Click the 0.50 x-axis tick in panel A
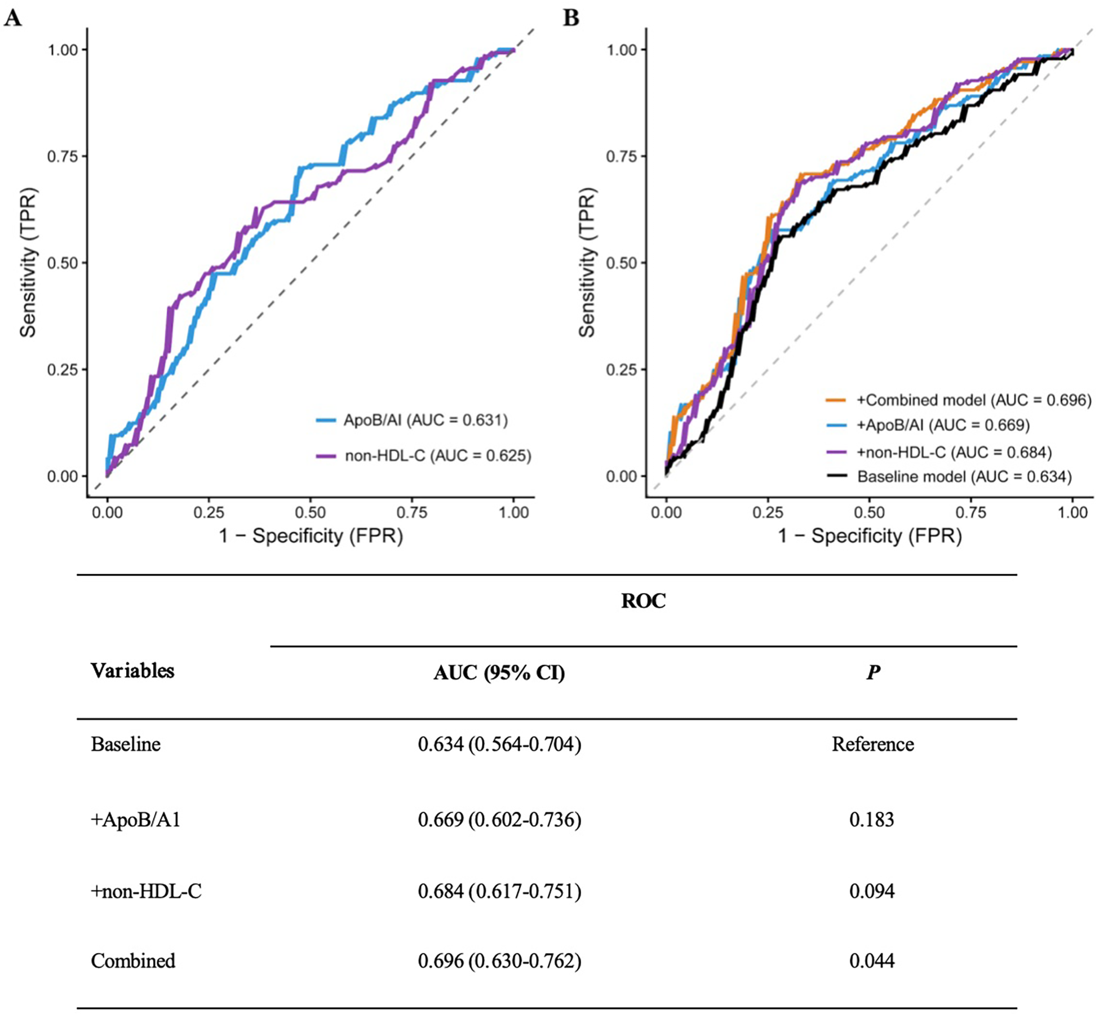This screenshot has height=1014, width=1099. pyautogui.click(x=310, y=513)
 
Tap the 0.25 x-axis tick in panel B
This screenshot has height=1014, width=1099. pyautogui.click(x=768, y=513)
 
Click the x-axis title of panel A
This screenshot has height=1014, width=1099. pyautogui.click(x=311, y=535)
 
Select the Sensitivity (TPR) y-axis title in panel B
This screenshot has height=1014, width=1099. pyautogui.click(x=587, y=262)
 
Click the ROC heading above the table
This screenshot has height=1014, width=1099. pyautogui.click(x=643, y=601)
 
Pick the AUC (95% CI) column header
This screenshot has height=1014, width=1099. pyautogui.click(x=499, y=672)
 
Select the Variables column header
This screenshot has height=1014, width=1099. pyautogui.click(x=132, y=671)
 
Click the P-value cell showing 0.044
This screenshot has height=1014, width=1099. pyautogui.click(x=872, y=960)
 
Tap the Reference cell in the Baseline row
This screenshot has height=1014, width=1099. pyautogui.click(x=872, y=745)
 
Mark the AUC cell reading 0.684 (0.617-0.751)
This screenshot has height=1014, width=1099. pyautogui.click(x=499, y=891)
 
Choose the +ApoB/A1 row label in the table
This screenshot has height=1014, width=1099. pyautogui.click(x=136, y=820)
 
